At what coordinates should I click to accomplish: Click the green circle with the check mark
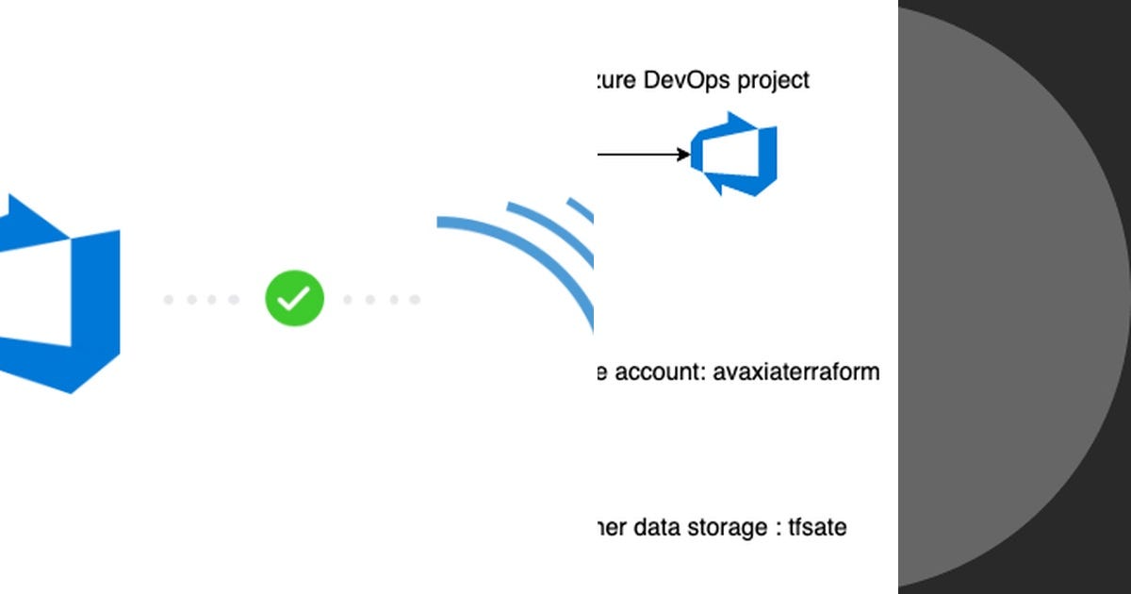[x=294, y=299]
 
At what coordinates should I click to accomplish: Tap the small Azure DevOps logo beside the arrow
[x=734, y=154]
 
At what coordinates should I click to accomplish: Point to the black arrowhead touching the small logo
[x=684, y=154]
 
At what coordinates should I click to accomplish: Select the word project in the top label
[x=773, y=81]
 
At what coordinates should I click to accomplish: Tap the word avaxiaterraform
[x=796, y=371]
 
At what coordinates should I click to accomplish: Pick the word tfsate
[x=817, y=527]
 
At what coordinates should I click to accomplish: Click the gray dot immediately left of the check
[x=234, y=300]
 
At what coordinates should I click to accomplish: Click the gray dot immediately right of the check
[x=349, y=300]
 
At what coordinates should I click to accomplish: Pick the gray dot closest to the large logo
[x=169, y=300]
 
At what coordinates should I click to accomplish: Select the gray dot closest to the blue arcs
[x=415, y=300]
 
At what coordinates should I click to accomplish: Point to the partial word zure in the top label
[x=613, y=81]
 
